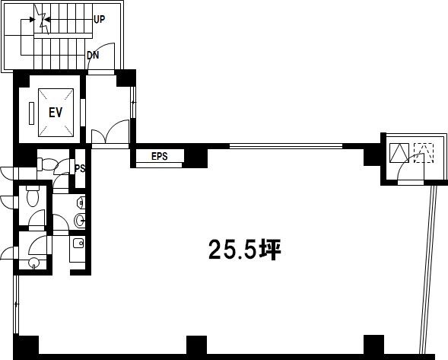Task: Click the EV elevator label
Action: point(56,113)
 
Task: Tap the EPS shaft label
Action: point(160,157)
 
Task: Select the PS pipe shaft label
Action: point(81,168)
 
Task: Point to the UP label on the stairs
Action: point(100,20)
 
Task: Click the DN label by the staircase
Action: point(93,56)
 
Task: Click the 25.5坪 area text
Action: point(245,250)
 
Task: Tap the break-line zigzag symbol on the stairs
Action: point(42,20)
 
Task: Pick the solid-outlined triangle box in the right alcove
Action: point(399,153)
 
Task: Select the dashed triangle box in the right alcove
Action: point(424,153)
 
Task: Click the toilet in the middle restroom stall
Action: point(32,196)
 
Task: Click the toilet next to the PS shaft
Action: point(47,164)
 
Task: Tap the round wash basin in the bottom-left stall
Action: point(34,263)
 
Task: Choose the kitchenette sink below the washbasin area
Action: point(78,244)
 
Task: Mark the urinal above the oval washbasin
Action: point(81,202)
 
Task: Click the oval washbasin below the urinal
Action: point(80,221)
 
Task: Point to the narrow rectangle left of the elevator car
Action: point(32,113)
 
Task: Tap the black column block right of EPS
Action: point(195,158)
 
